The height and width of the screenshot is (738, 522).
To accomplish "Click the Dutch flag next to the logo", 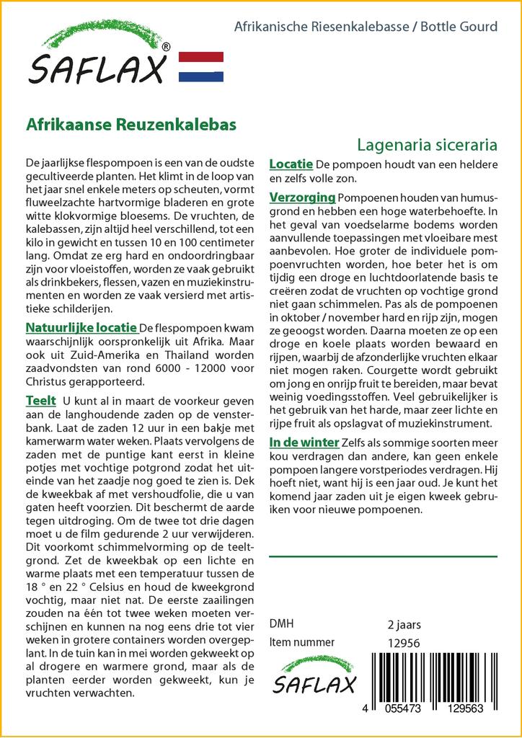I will [200, 67].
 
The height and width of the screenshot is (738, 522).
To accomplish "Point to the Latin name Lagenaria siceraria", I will [427, 143].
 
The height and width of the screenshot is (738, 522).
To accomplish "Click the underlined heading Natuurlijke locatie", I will [81, 329].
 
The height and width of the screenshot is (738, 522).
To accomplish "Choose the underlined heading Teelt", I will [40, 400].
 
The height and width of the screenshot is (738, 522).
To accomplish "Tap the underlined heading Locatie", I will [291, 164].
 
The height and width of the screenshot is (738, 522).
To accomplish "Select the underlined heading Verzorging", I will [302, 197].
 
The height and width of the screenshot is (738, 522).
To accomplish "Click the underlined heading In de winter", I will [304, 442].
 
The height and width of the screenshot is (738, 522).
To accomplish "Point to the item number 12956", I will [403, 642].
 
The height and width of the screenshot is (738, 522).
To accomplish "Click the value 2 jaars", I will [404, 624].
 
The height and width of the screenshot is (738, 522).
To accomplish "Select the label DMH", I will [281, 624].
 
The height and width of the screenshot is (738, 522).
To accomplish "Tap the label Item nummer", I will [301, 642].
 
